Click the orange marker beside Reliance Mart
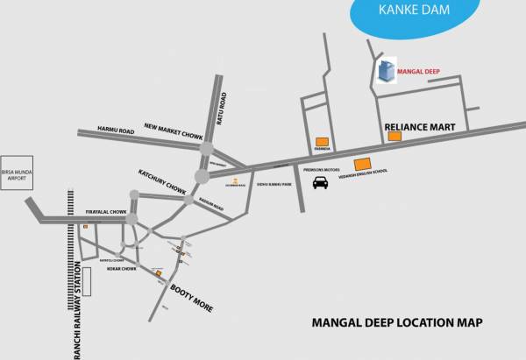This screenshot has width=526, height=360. coord(394,136)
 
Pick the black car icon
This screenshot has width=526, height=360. coord(322,182)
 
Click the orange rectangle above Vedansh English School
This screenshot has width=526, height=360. coord(362,164)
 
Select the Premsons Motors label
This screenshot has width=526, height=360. coord(321,170)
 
